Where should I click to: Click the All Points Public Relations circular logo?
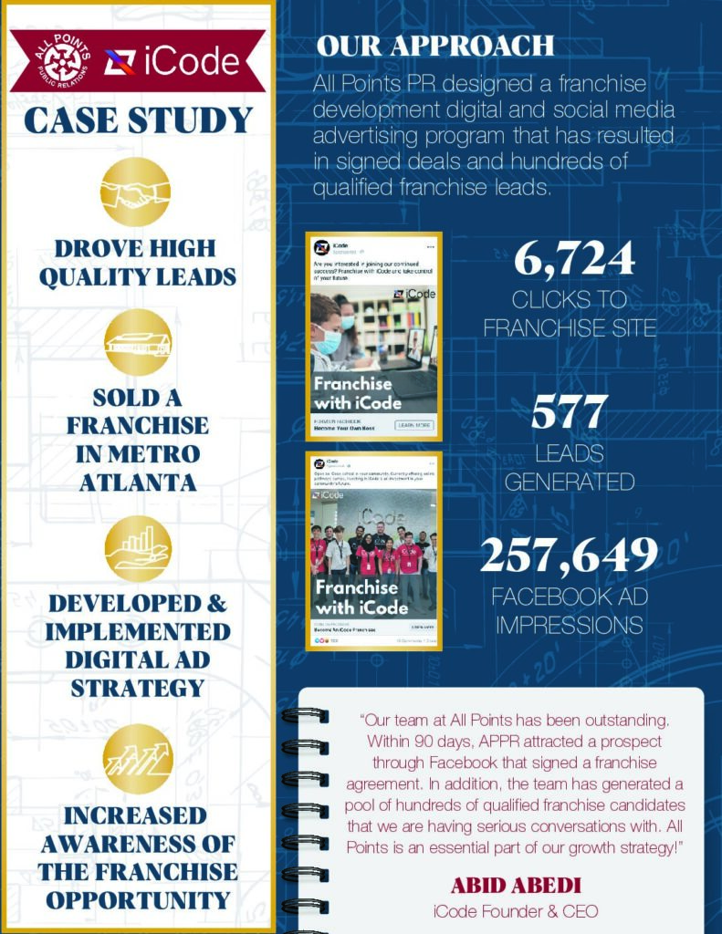[60, 60]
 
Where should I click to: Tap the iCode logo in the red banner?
[171, 61]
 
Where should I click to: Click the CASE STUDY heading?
[137, 121]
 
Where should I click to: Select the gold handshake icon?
[136, 192]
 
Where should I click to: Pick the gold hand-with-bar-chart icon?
[138, 547]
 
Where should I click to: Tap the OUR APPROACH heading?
[434, 46]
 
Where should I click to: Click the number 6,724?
[573, 259]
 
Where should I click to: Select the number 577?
[570, 413]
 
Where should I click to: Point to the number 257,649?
[570, 555]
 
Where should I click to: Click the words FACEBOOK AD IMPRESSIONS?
[567, 612]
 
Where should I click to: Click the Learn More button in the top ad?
[413, 425]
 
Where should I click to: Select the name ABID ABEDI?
[515, 885]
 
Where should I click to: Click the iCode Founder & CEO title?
[515, 910]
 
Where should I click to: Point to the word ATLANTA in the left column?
[137, 483]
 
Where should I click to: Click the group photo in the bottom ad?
[373, 547]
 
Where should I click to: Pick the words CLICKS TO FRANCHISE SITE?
[570, 313]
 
